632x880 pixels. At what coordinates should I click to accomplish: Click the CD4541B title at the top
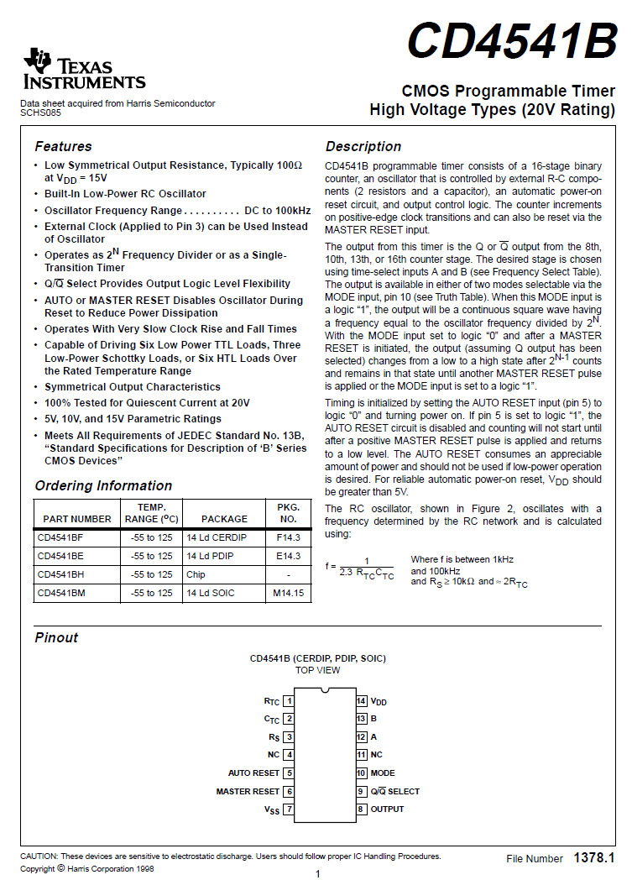(x=512, y=41)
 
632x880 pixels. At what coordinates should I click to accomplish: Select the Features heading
(x=63, y=146)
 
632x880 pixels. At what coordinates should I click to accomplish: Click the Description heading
(x=363, y=146)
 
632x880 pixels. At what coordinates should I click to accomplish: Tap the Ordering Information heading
(x=103, y=485)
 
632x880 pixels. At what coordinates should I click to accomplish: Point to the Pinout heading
(x=56, y=637)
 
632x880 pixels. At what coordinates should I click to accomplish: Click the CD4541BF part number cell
(x=60, y=537)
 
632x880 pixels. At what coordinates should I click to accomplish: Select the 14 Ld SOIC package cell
(x=211, y=593)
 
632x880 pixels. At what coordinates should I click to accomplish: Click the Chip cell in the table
(x=196, y=574)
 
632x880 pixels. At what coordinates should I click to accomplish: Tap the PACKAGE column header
(x=224, y=519)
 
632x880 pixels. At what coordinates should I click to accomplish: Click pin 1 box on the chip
(x=289, y=700)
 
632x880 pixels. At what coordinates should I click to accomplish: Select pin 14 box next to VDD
(x=361, y=700)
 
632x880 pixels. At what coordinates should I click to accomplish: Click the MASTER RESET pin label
(x=248, y=791)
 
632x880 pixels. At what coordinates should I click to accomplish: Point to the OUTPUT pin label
(x=387, y=809)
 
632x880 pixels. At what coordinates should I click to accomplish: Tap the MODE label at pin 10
(x=383, y=773)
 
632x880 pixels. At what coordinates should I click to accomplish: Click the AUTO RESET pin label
(x=253, y=773)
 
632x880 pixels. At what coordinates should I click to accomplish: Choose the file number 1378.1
(x=594, y=858)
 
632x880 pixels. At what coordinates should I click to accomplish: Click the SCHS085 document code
(x=40, y=113)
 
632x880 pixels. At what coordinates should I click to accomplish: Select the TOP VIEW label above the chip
(x=317, y=670)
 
